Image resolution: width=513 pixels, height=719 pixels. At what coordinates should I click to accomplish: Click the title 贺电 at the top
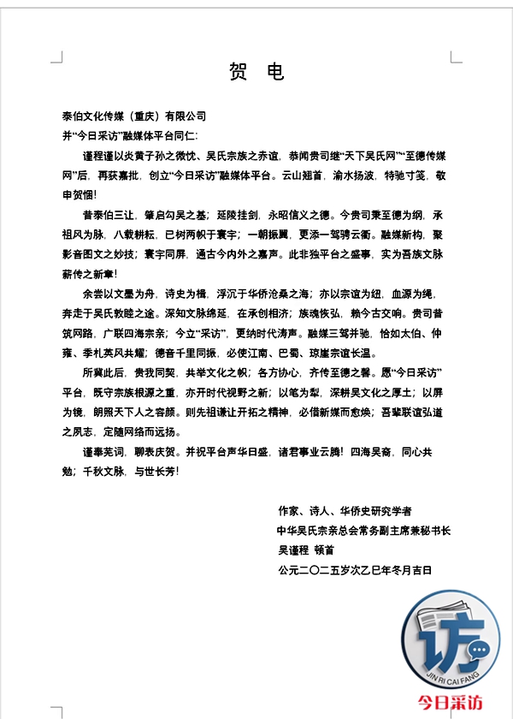coord(256,72)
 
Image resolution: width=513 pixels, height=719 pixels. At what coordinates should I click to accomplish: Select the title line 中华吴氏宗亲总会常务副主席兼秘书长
coord(363,531)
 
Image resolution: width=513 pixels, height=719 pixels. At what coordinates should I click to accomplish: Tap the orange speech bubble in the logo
coord(480,649)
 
